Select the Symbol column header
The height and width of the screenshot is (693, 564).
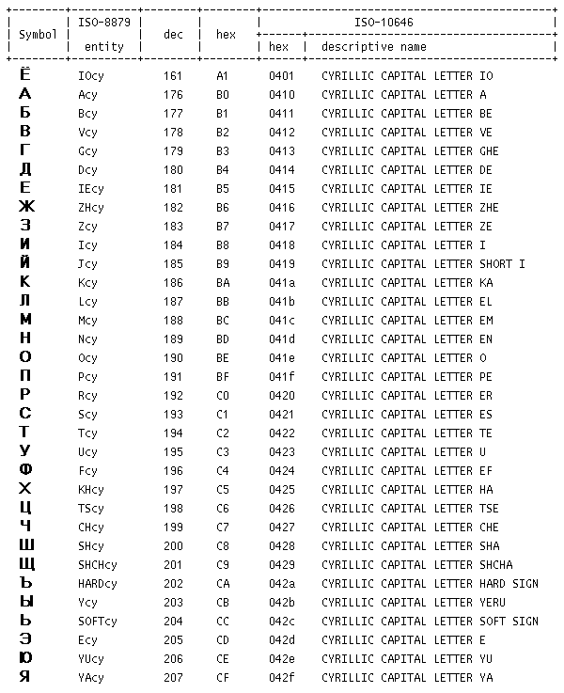point(38,34)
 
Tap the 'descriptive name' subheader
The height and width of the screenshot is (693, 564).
point(373,46)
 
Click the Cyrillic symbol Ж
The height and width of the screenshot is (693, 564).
point(25,207)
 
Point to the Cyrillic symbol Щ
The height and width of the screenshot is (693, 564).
point(26,564)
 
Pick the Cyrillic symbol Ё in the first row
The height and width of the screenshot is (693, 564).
point(25,74)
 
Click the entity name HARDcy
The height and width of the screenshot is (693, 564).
point(98,583)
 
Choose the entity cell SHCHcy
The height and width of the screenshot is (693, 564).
point(98,564)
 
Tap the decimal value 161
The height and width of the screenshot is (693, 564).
point(173,75)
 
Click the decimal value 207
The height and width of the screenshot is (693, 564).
point(173,677)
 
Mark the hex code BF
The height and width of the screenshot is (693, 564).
point(223,376)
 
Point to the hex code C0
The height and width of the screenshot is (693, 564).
point(223,395)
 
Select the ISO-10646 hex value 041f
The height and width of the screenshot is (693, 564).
point(282,376)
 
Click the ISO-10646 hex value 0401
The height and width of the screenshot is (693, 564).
point(282,75)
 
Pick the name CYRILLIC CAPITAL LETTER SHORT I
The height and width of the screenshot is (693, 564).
point(423,263)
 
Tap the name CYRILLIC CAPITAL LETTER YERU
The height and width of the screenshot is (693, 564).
point(413,602)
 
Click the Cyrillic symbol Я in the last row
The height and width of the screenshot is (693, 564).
point(25,677)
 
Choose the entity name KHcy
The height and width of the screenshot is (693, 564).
point(91,489)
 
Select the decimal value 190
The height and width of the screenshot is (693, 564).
point(173,357)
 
